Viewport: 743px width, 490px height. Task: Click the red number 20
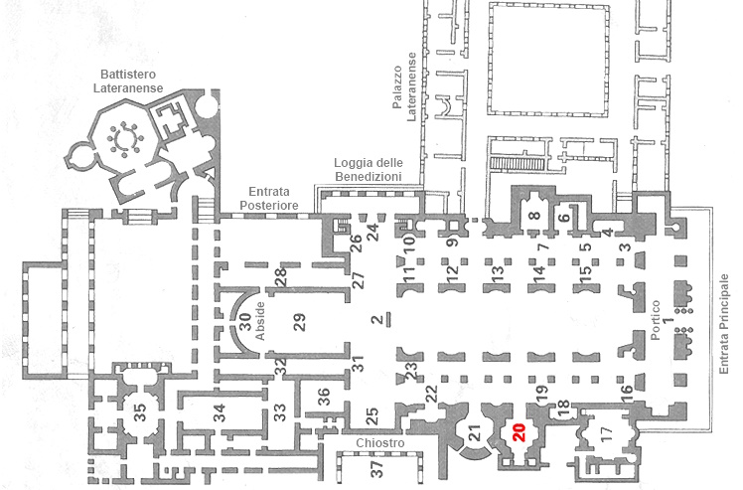click(x=520, y=432)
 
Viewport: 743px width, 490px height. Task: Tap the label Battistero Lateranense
click(x=128, y=82)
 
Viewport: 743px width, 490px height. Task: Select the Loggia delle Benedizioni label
click(x=369, y=169)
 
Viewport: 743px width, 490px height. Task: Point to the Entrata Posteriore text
click(x=268, y=198)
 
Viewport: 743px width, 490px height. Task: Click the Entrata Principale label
click(x=723, y=324)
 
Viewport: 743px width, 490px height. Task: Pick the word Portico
click(x=656, y=320)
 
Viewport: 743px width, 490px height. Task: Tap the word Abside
click(x=260, y=321)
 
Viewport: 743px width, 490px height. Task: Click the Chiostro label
click(x=380, y=443)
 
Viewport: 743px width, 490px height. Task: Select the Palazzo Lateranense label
click(x=404, y=86)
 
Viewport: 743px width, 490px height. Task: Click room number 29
click(x=299, y=323)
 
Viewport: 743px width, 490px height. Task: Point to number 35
click(x=140, y=411)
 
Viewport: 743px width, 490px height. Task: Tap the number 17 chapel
click(x=606, y=432)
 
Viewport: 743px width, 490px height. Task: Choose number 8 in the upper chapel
click(x=535, y=216)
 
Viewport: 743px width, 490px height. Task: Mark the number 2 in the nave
click(x=377, y=320)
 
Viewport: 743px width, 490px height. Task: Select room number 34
click(x=219, y=412)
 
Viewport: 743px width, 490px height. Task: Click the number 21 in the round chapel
click(x=475, y=432)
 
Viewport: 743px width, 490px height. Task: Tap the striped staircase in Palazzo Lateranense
click(x=517, y=164)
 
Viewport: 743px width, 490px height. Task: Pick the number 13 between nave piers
click(x=497, y=274)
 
